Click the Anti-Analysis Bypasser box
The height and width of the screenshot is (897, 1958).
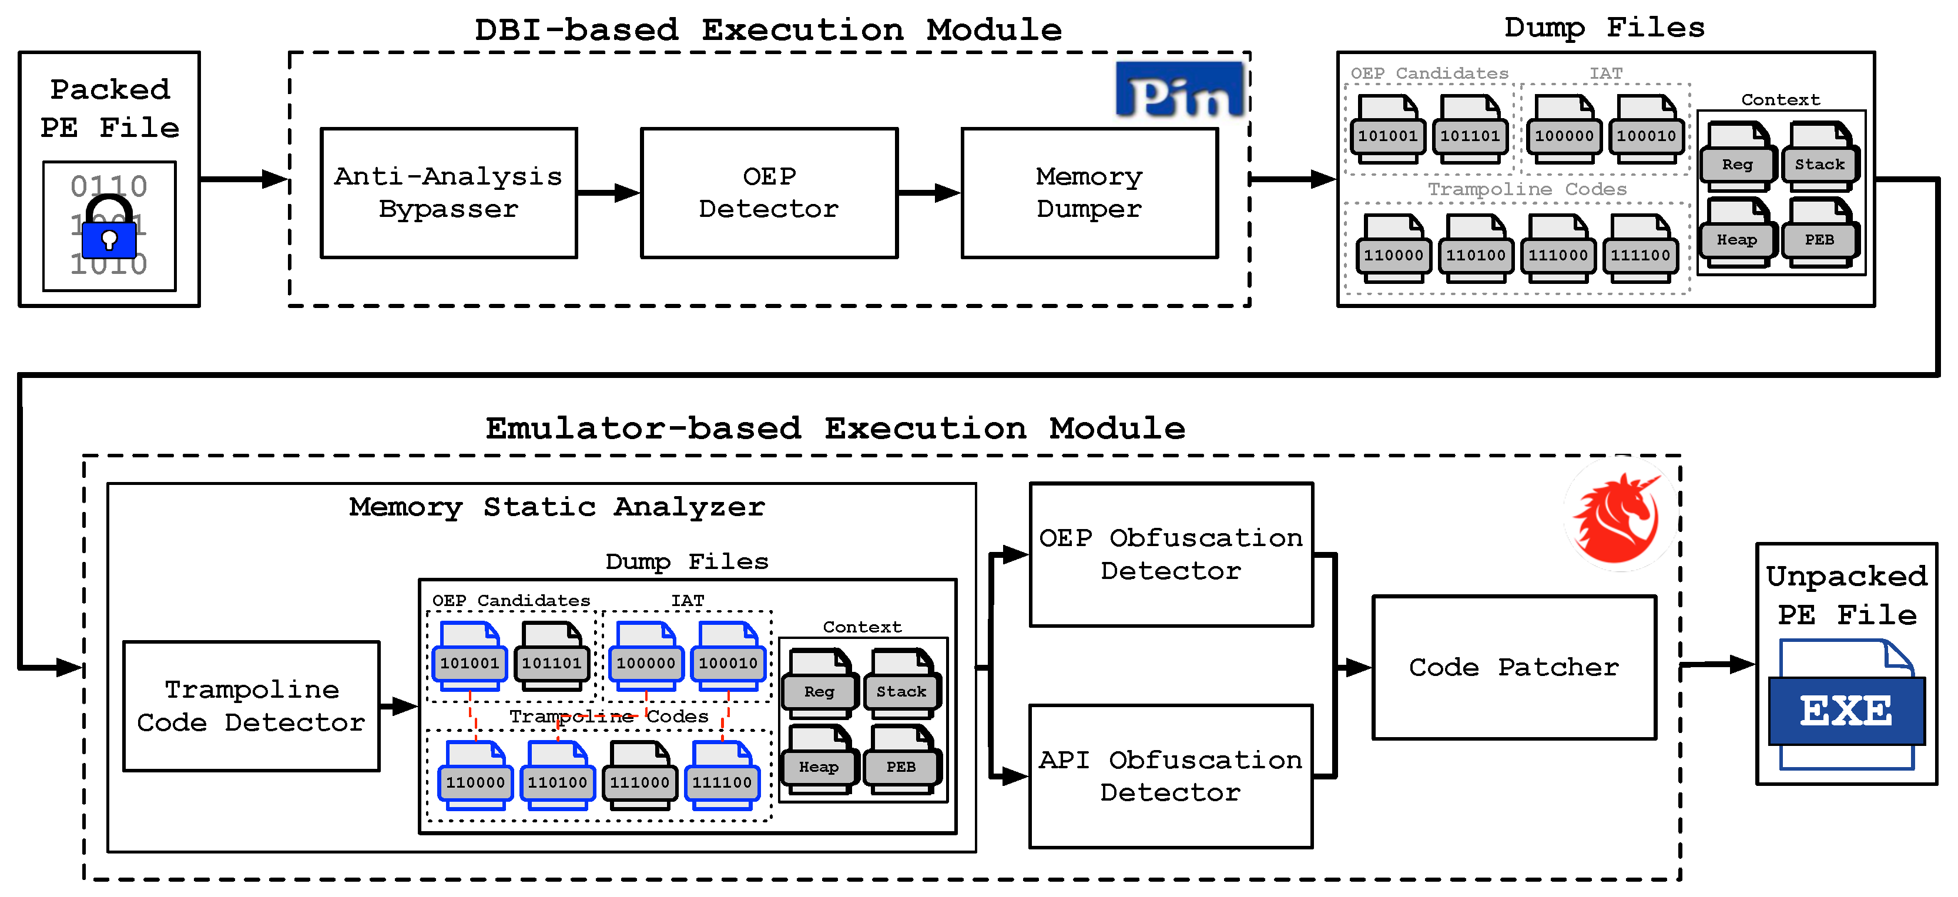click(x=448, y=193)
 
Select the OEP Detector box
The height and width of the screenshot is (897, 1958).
click(x=769, y=193)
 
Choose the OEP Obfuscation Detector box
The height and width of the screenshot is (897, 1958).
click(x=1171, y=554)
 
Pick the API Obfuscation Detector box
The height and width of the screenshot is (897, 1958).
click(x=1171, y=776)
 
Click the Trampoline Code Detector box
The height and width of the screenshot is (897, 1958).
click(x=251, y=706)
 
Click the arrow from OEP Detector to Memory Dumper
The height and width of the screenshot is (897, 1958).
click(x=929, y=193)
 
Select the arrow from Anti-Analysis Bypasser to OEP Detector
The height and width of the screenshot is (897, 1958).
click(x=609, y=193)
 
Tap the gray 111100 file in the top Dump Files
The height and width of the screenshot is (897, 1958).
click(x=1640, y=249)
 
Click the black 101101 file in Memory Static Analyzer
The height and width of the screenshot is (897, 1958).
click(x=552, y=656)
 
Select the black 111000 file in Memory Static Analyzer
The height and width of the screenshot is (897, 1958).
click(x=639, y=775)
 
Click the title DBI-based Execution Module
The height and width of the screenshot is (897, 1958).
click(x=767, y=31)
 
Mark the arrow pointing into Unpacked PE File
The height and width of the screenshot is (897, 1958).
click(x=1718, y=664)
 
